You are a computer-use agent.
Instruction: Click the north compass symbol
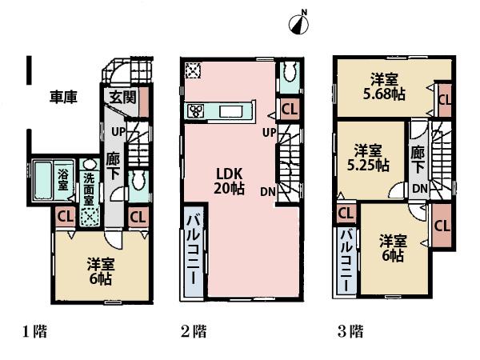coord(298,25)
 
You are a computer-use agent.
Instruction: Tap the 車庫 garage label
coord(64,98)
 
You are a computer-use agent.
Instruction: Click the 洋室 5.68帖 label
coord(385,86)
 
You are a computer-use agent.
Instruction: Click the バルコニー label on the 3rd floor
coord(346,264)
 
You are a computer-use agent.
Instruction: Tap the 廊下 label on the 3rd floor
coord(418,158)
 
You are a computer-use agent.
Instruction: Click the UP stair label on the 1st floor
coord(117,130)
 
